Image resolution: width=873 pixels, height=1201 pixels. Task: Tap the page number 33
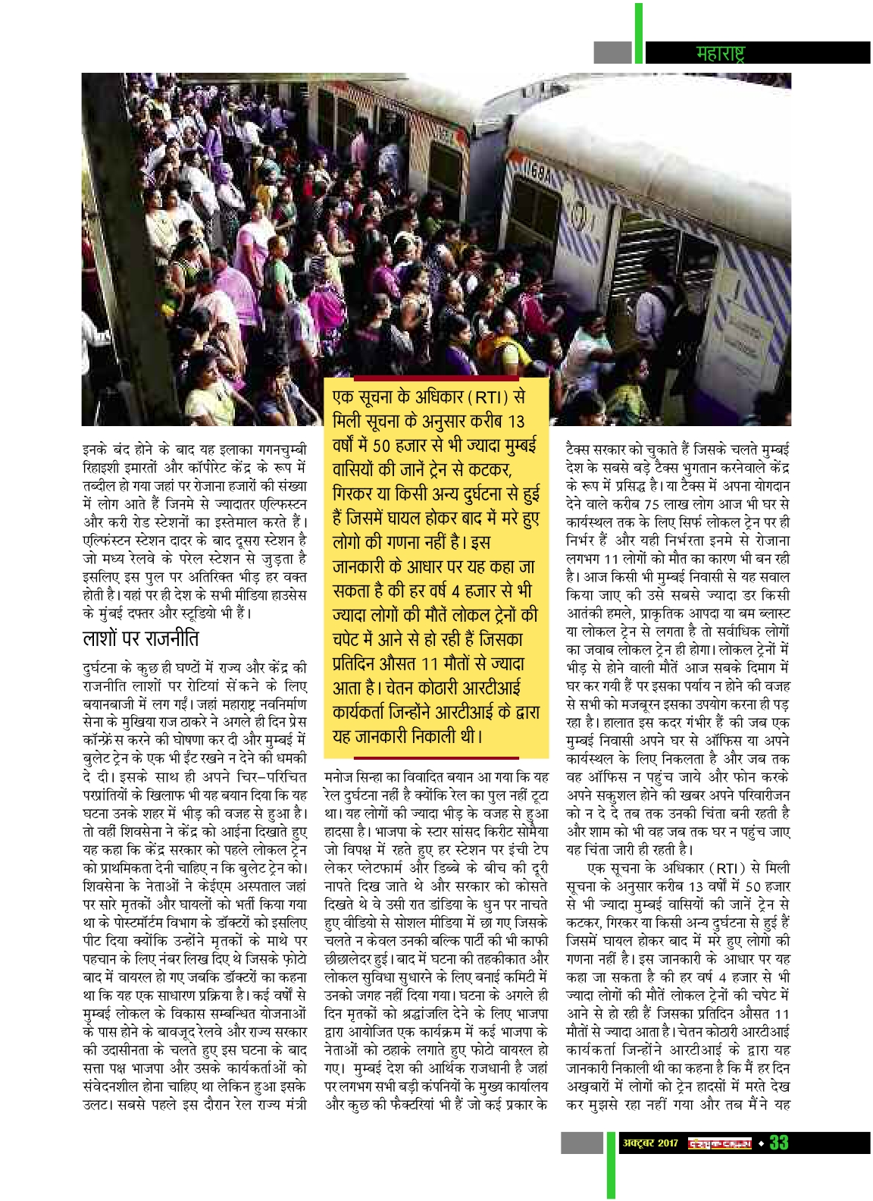coord(779,1143)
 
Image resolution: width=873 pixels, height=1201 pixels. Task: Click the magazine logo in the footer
coord(719,1143)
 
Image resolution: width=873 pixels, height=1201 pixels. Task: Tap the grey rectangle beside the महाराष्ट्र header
coord(612,52)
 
